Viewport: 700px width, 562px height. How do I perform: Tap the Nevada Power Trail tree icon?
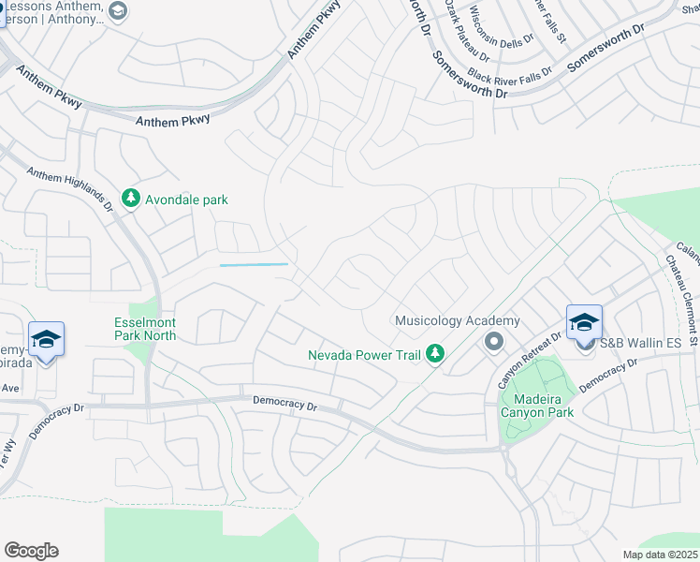434,354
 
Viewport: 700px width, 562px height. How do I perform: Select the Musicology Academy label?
443,320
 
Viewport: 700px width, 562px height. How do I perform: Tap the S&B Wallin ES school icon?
584,323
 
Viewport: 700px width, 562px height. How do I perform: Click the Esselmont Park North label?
145,328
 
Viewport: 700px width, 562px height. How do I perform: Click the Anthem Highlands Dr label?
70,186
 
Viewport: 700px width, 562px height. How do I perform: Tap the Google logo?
31,551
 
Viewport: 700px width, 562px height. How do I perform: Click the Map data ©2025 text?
659,555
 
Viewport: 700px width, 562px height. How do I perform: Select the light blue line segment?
255,265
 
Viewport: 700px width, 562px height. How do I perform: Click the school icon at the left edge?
45,339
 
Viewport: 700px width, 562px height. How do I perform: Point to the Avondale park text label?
186,200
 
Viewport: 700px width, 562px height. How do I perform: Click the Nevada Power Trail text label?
364,354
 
